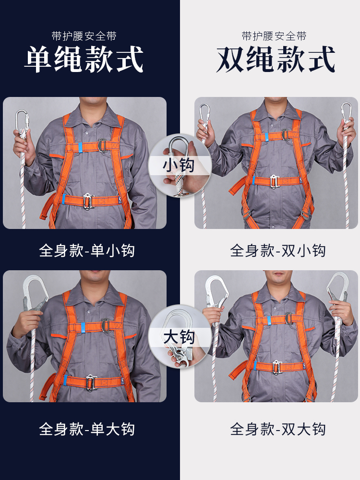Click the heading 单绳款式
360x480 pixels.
tap(84, 59)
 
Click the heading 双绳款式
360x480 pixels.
tap(276, 59)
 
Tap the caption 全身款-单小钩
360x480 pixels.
tap(87, 251)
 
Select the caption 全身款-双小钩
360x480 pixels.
tap(277, 251)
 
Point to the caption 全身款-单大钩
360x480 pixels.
tap(87, 429)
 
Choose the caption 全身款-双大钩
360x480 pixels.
tap(277, 429)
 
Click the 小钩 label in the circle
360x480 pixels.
tap(179, 165)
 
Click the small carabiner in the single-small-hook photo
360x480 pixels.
tap(22, 121)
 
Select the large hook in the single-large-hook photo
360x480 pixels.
tap(35, 293)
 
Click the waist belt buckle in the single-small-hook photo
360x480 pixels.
tap(89, 201)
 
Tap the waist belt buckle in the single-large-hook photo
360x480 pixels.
tap(91, 383)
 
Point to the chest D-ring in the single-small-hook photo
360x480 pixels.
tap(102, 145)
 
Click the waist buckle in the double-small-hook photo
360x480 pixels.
tap(274, 181)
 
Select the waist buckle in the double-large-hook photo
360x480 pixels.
tap(277, 367)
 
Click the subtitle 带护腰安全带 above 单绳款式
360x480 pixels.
tap(84, 36)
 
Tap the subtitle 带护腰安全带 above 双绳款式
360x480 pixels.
tap(274, 36)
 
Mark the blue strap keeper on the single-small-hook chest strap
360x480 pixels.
tap(79, 147)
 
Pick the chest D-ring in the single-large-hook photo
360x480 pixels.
tap(106, 326)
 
